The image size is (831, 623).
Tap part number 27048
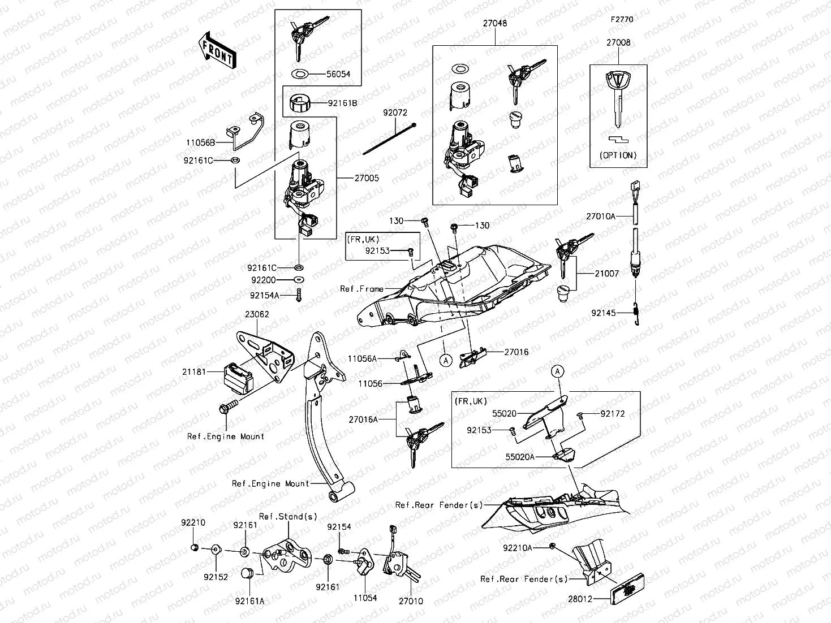(494, 24)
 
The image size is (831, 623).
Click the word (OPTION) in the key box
(618, 155)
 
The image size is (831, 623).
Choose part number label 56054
(338, 74)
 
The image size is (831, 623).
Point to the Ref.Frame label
(361, 289)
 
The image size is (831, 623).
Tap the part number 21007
(606, 274)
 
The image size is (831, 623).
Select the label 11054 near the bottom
(365, 598)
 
